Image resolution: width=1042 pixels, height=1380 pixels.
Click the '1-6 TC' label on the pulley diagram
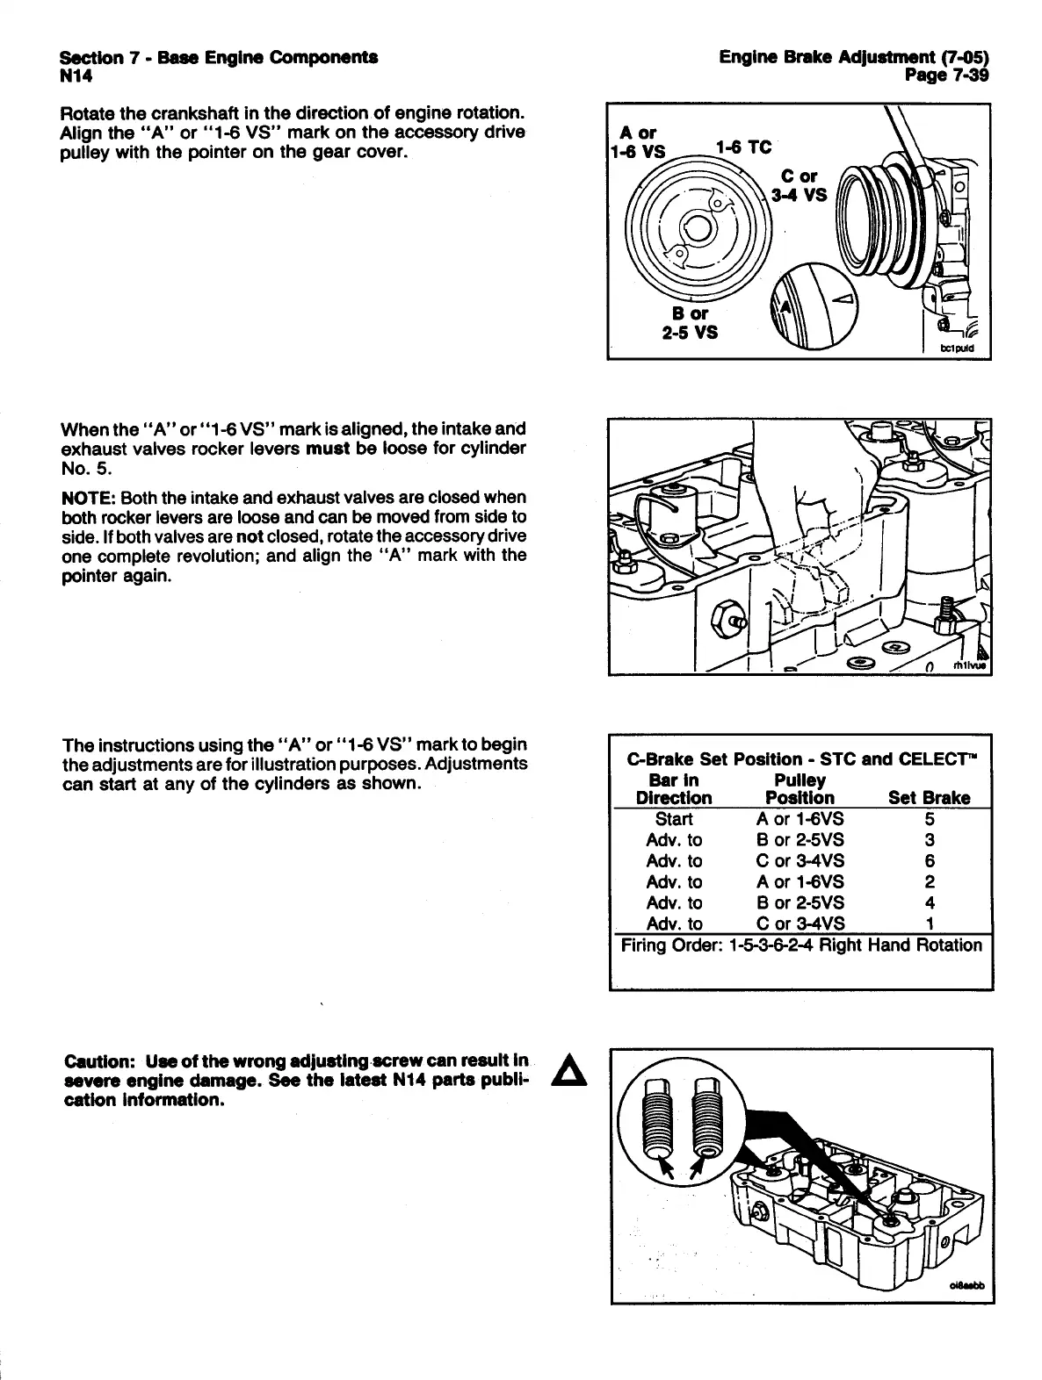[x=742, y=147]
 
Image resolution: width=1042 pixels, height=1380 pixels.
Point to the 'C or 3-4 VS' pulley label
[x=799, y=186]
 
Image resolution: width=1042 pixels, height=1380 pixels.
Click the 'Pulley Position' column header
[x=800, y=788]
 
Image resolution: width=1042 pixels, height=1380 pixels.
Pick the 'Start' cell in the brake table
[x=674, y=819]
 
